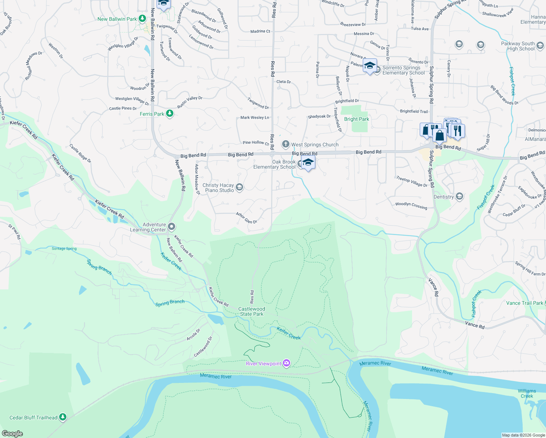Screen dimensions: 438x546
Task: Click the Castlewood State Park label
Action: pos(251,311)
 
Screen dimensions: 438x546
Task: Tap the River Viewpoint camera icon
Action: pos(287,363)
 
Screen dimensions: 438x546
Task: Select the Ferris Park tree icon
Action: pos(169,114)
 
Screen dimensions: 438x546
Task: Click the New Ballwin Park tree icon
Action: pos(142,19)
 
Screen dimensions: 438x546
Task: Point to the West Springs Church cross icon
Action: pos(286,145)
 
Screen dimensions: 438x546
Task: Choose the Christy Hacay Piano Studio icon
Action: pos(239,188)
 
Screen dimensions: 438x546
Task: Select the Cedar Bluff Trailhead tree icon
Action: pos(63,417)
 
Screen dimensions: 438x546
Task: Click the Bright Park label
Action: pos(357,119)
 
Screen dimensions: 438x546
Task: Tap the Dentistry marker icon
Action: pos(459,197)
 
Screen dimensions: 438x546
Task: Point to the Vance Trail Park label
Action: pos(524,303)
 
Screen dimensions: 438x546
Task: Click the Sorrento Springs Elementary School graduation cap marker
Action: pos(370,66)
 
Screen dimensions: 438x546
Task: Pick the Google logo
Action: pos(12,434)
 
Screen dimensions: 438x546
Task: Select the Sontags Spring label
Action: pos(64,249)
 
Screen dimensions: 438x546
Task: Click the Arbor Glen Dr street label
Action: pos(246,218)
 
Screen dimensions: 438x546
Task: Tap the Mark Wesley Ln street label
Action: pos(255,118)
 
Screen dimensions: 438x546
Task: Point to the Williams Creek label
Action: pos(527,393)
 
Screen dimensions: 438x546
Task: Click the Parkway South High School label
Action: pos(518,46)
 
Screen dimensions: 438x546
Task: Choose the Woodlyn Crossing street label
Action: pos(411,205)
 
